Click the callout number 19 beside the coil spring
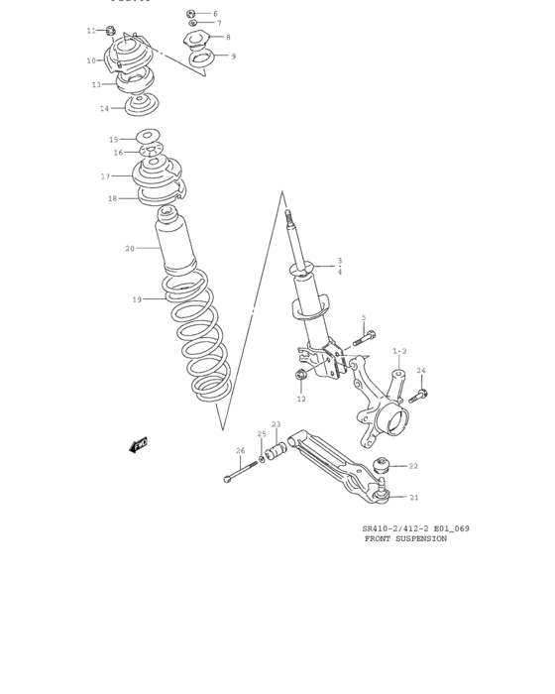click(137, 298)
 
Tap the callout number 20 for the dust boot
click(130, 248)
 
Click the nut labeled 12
click(300, 376)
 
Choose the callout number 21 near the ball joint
click(414, 498)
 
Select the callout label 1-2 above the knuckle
click(399, 351)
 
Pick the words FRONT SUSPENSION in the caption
click(406, 539)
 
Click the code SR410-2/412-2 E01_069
click(415, 528)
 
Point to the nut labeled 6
click(191, 14)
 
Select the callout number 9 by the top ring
click(234, 57)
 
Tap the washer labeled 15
click(149, 137)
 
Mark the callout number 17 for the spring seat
click(105, 176)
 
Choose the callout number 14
click(104, 108)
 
